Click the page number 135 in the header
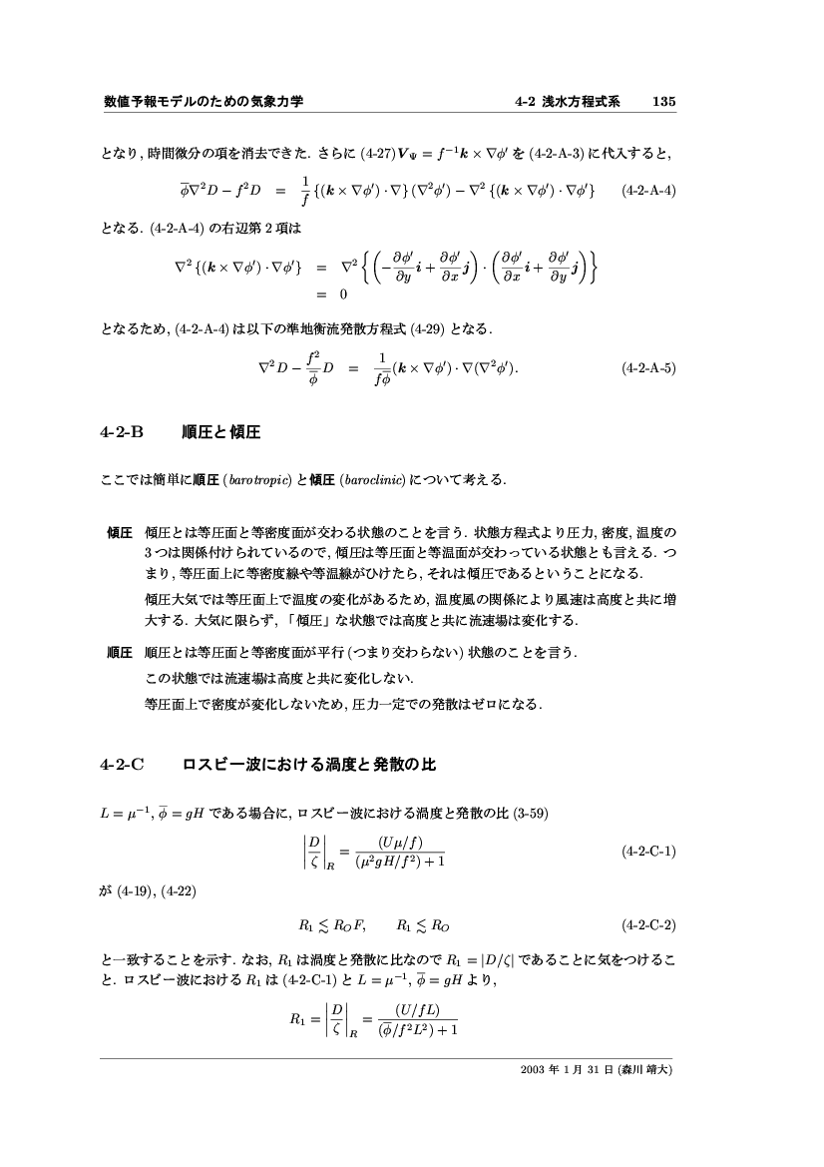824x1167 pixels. pyautogui.click(x=664, y=102)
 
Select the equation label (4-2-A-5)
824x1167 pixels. pyautogui.click(x=647, y=367)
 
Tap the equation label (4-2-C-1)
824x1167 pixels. pyautogui.click(x=647, y=852)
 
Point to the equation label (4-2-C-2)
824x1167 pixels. pyautogui.click(x=647, y=924)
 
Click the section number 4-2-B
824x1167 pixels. pyautogui.click(x=123, y=432)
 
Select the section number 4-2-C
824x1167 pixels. pyautogui.click(x=123, y=766)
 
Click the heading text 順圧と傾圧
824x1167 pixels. pyautogui.click(x=221, y=432)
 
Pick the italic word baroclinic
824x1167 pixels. pyautogui.click(x=372, y=481)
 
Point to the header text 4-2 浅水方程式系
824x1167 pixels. pyautogui.click(x=567, y=102)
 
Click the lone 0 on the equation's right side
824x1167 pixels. pyautogui.click(x=343, y=294)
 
